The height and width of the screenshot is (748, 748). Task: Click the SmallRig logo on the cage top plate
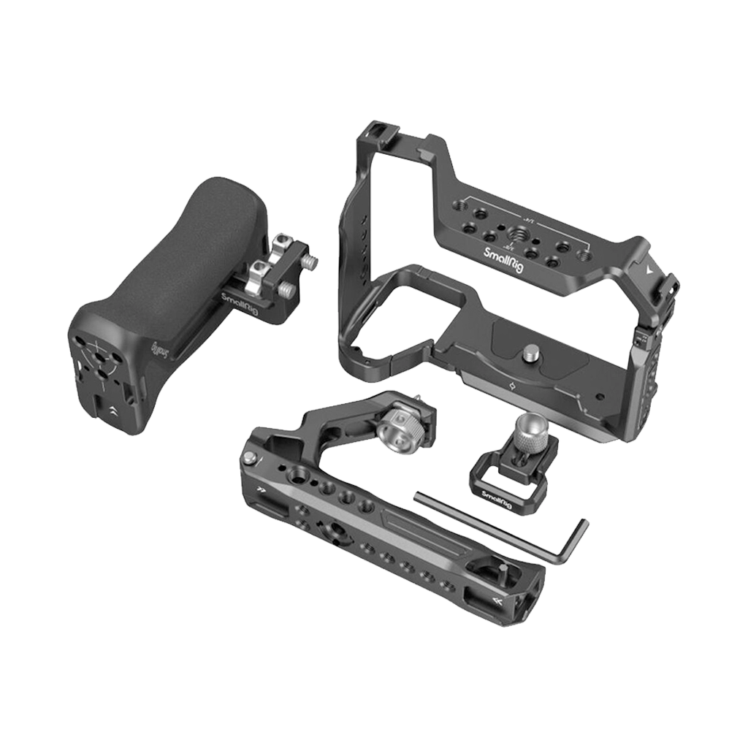pyautogui.click(x=505, y=260)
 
